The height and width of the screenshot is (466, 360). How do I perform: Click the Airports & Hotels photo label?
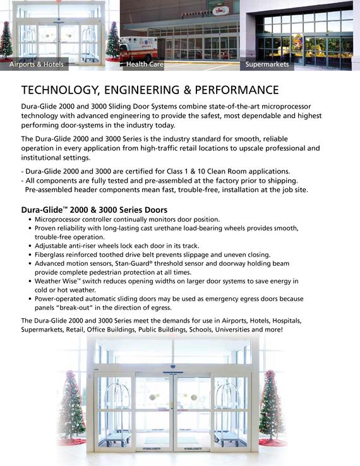click(x=37, y=65)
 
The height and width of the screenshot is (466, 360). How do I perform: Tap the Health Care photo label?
click(x=146, y=65)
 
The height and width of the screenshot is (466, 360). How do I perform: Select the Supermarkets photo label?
click(x=267, y=65)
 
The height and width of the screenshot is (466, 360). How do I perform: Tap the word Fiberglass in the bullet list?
click(x=52, y=254)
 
